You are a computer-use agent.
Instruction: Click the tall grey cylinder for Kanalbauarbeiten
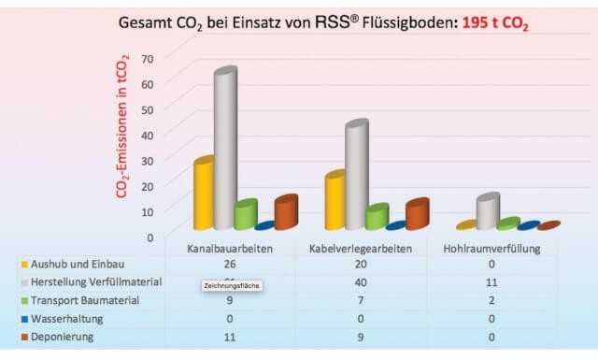[x=225, y=150]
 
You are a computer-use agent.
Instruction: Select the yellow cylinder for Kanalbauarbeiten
[x=204, y=194]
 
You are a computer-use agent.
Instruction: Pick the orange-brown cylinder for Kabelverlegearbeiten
[x=416, y=214]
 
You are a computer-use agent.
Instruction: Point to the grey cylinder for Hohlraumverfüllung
[x=487, y=212]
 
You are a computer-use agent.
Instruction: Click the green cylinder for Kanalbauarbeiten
[x=246, y=215]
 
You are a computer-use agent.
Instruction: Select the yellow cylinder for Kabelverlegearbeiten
[x=335, y=201]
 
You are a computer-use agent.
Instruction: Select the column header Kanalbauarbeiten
[x=229, y=248]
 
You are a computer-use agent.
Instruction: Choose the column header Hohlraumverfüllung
[x=487, y=248]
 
